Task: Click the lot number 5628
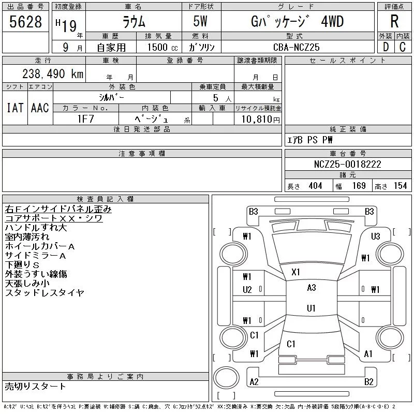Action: click(x=25, y=22)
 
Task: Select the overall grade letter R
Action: click(x=394, y=21)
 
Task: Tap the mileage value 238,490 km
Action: click(x=53, y=73)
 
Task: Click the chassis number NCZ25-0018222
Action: click(x=347, y=164)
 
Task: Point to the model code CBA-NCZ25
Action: click(x=296, y=47)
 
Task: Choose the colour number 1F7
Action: click(x=86, y=119)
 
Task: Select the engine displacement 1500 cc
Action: click(x=162, y=47)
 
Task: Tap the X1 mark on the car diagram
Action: click(x=295, y=272)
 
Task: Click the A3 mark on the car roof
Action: click(x=312, y=288)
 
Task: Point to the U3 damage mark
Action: click(x=376, y=236)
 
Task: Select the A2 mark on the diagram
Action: click(x=254, y=382)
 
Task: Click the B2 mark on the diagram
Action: click(x=368, y=382)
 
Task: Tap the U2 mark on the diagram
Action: click(x=247, y=290)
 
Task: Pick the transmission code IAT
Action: click(x=15, y=108)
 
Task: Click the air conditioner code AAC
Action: click(x=40, y=108)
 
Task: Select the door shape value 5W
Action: click(x=200, y=21)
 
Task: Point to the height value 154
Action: click(x=400, y=186)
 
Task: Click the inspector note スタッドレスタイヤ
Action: click(x=45, y=292)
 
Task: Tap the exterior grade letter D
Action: click(x=386, y=47)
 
